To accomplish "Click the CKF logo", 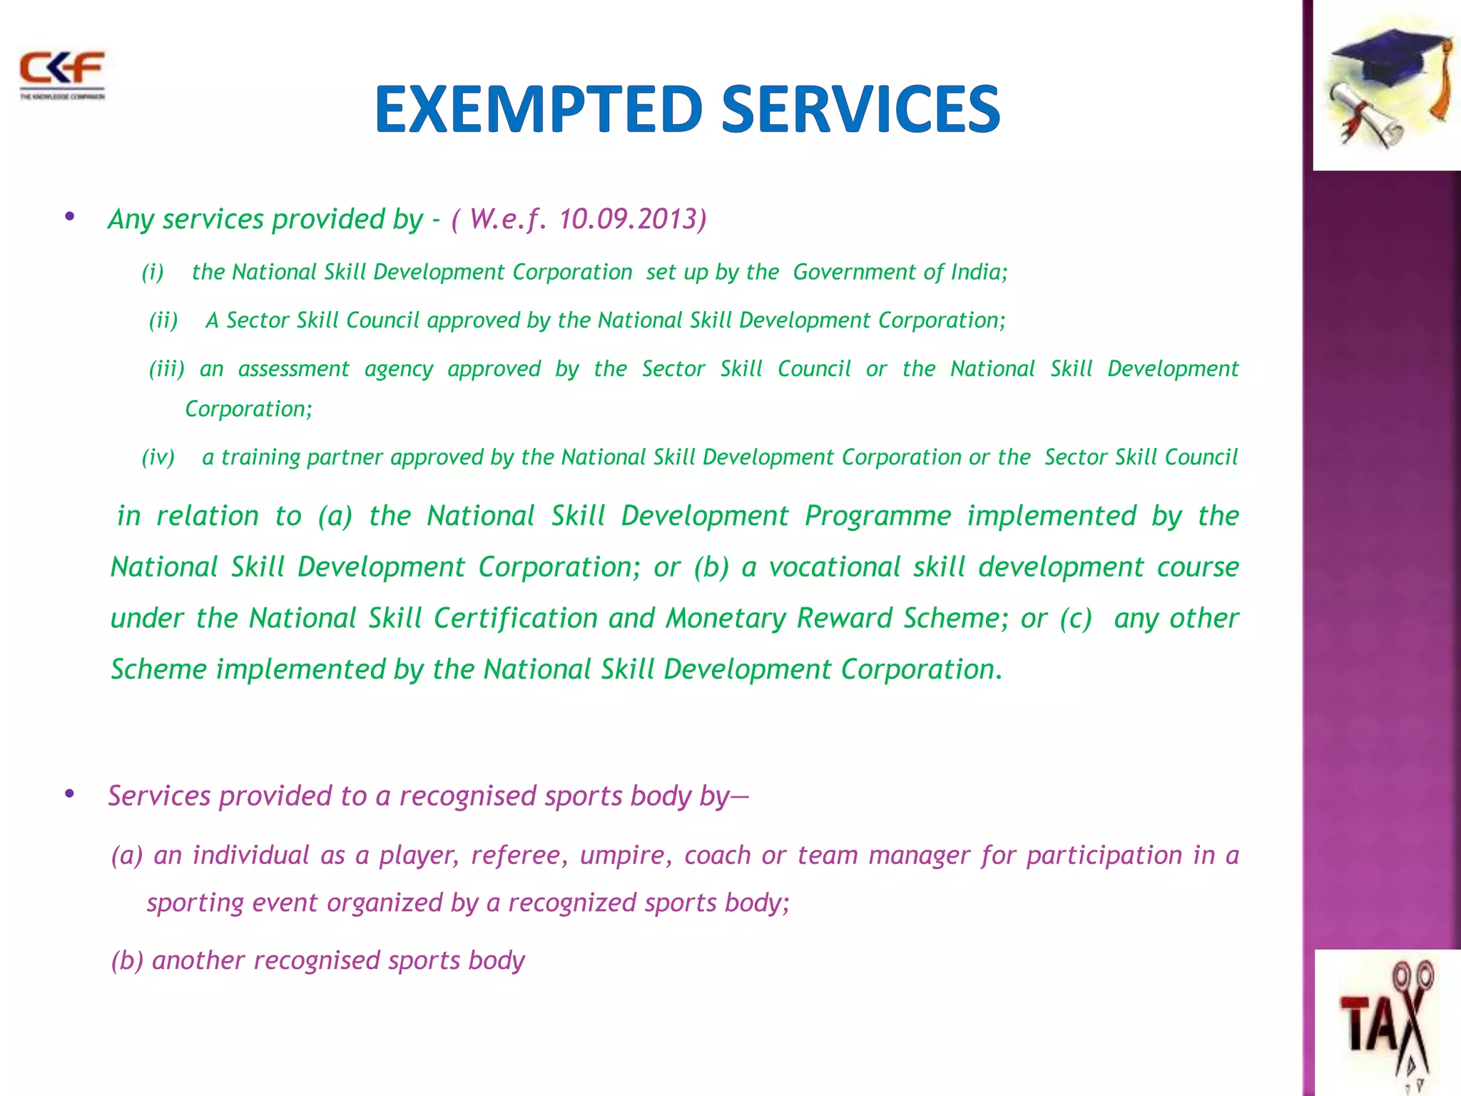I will tap(62, 73).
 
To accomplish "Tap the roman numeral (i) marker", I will tap(153, 272).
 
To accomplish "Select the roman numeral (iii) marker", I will tap(166, 369).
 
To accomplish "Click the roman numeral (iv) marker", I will tap(158, 457).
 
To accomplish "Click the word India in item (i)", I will tap(978, 272).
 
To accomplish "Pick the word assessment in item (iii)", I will tap(293, 369).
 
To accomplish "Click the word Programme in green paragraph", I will tap(877, 516).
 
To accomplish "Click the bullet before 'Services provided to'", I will tap(69, 793).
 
